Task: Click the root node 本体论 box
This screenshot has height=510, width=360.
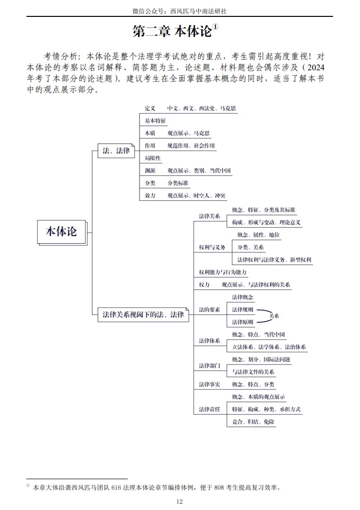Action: click(x=61, y=232)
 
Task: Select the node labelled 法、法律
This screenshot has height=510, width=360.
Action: click(x=116, y=151)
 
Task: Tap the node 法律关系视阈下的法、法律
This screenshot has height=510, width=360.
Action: click(x=143, y=315)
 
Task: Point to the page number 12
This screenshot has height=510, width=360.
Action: click(x=180, y=501)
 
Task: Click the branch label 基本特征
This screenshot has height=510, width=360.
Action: click(x=155, y=121)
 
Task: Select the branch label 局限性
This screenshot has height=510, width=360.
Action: click(x=153, y=158)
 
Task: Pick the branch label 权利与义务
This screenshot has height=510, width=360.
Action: click(x=212, y=247)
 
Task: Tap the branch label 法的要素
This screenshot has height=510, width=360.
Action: click(x=209, y=309)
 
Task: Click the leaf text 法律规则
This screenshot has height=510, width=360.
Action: click(x=243, y=309)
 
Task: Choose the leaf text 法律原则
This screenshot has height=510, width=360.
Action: click(x=243, y=322)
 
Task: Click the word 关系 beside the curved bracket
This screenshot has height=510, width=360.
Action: click(x=274, y=316)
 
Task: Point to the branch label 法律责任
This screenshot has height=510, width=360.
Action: click(x=209, y=409)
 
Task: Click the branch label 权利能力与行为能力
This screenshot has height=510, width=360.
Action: click(x=223, y=272)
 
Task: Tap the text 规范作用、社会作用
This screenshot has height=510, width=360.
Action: click(x=191, y=145)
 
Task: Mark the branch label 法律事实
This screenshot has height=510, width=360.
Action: click(x=209, y=384)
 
